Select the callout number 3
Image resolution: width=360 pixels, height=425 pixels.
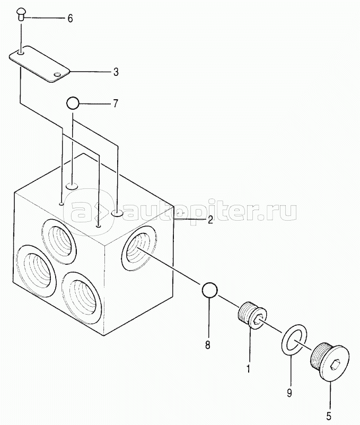click(116, 71)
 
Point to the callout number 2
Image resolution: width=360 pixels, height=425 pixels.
click(210, 219)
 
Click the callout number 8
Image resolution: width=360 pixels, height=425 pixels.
click(207, 345)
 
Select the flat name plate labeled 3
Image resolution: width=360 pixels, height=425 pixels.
click(40, 64)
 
